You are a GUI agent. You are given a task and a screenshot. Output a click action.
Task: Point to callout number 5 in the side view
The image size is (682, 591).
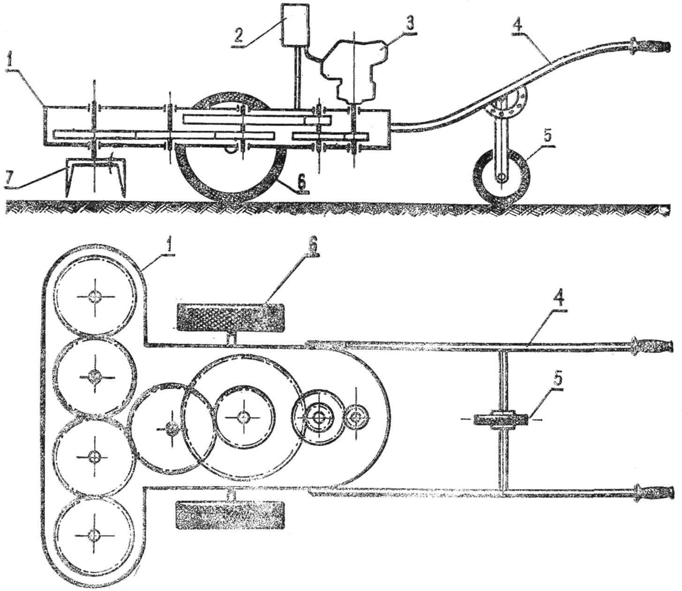pyautogui.click(x=547, y=137)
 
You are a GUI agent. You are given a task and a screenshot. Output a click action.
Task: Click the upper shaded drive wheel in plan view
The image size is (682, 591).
pyautogui.click(x=231, y=317)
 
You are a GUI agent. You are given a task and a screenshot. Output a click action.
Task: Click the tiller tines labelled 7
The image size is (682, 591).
pyautogui.click(x=95, y=177)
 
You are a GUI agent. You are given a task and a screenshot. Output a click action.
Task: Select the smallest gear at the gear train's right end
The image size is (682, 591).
pyautogui.click(x=356, y=417)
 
